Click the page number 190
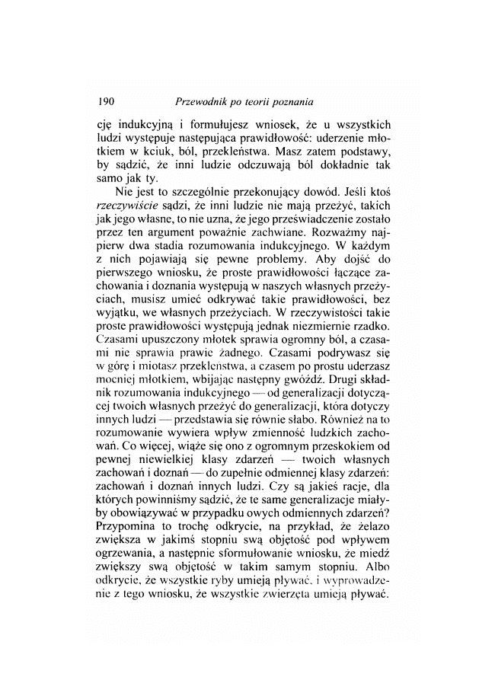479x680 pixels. click(106, 101)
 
